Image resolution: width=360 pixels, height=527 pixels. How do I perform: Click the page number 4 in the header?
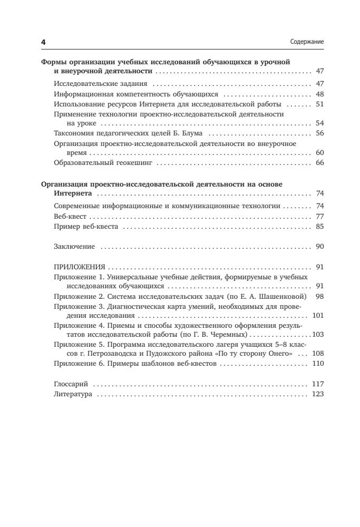click(43, 42)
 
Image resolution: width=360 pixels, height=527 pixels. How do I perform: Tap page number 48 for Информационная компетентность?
click(319, 94)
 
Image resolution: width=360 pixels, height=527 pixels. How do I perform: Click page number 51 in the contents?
click(319, 104)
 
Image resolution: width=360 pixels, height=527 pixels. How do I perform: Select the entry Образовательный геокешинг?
click(103, 163)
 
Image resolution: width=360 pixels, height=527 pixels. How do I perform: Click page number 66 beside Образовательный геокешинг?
click(319, 163)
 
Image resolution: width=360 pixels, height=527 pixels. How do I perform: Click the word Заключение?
click(74, 246)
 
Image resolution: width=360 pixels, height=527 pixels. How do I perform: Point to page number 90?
click(319, 246)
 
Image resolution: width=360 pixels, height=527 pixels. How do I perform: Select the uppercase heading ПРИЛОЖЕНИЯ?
click(80, 267)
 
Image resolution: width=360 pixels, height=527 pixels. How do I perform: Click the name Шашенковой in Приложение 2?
click(285, 297)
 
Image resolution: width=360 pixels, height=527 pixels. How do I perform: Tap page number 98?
click(319, 297)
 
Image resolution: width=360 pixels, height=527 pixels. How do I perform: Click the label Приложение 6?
click(76, 364)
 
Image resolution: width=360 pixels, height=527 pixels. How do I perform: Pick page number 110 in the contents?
click(318, 364)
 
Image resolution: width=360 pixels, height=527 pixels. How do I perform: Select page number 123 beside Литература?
click(318, 394)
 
